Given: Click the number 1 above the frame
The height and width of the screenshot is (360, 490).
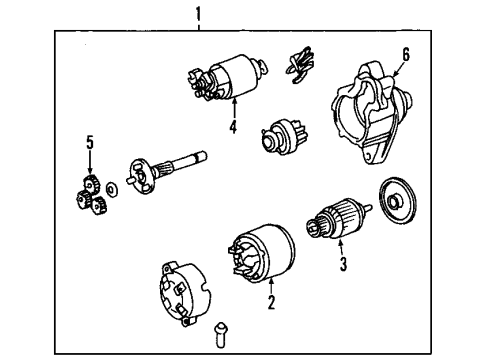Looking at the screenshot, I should [199, 13].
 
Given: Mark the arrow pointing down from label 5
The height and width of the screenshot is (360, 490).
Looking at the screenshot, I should [90, 162].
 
